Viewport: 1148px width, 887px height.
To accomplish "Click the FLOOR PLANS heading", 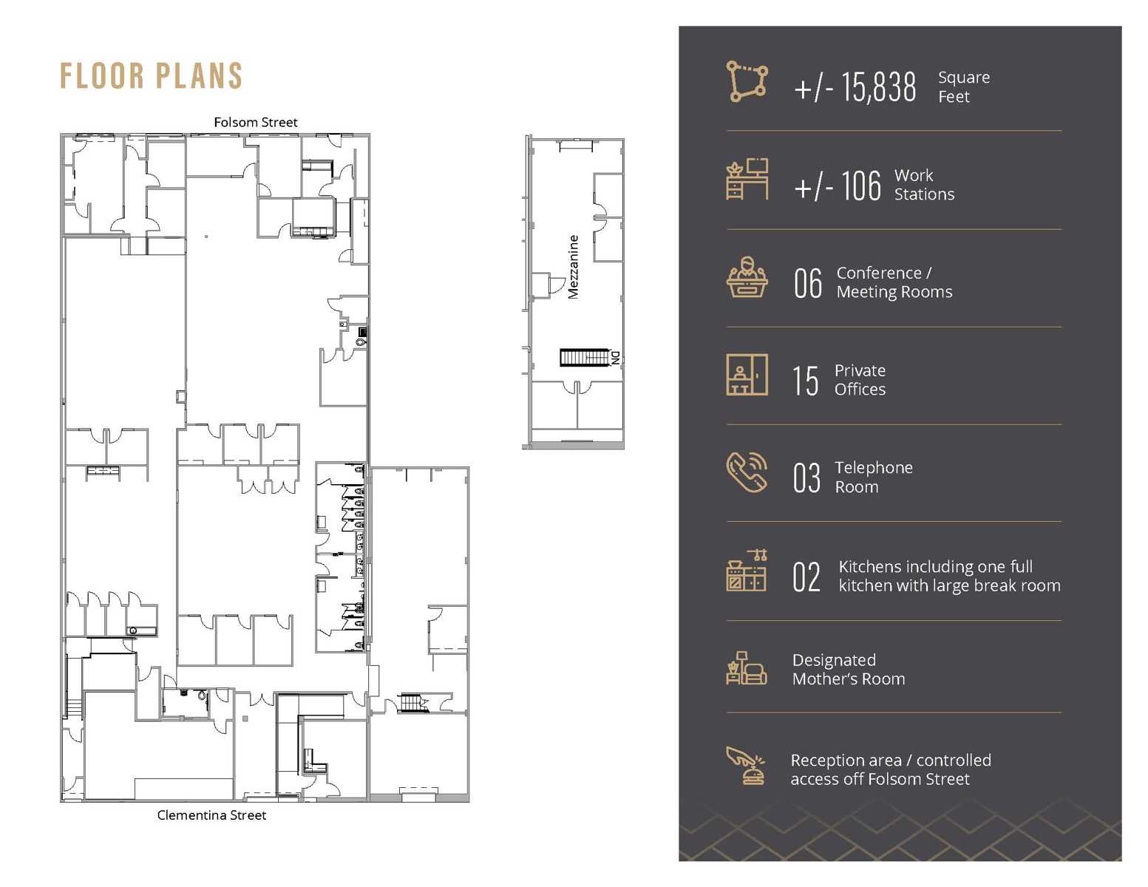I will point(151,76).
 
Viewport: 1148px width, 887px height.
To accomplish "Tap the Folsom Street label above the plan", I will point(255,122).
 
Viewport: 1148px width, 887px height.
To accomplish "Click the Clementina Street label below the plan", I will point(211,815).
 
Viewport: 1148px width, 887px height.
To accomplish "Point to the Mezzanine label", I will point(573,267).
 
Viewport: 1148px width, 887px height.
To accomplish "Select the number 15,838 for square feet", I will point(877,87).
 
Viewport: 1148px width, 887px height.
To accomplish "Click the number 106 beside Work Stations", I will point(860,186).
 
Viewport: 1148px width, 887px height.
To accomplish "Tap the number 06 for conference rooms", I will point(807,283).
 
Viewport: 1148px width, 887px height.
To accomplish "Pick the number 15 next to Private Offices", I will point(805,381).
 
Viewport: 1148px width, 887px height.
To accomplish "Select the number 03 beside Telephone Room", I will point(806,478).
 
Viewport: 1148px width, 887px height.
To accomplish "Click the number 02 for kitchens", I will point(806,577).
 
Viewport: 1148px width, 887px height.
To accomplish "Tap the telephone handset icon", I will point(747,472).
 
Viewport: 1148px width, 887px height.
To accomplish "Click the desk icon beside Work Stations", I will point(747,180).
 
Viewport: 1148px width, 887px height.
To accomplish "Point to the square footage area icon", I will point(747,81).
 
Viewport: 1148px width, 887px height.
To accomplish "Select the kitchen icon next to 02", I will point(747,571).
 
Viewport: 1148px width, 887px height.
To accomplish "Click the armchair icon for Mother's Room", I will point(747,668).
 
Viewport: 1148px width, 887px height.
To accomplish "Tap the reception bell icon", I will point(747,766).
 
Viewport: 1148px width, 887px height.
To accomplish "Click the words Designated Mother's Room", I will point(848,670).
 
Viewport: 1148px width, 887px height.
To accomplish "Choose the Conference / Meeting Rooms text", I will point(894,282).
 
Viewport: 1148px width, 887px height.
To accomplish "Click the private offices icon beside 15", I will point(747,375).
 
